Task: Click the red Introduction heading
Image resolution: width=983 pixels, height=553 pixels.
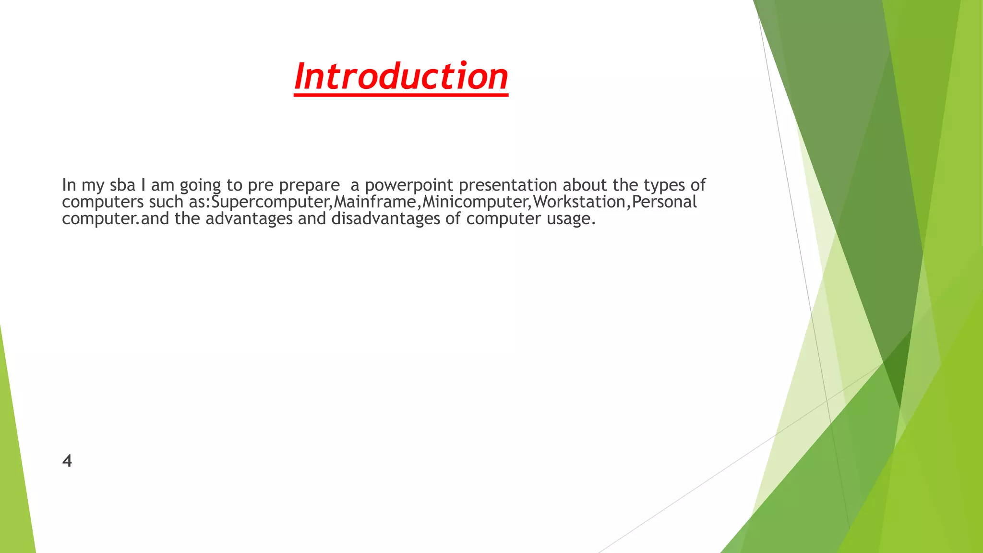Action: [401, 77]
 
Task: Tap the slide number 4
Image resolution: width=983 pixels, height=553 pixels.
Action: [67, 461]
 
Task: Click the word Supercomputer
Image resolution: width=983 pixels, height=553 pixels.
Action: [271, 202]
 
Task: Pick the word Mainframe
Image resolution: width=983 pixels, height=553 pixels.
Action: [374, 202]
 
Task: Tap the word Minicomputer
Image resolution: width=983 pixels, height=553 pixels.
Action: [475, 202]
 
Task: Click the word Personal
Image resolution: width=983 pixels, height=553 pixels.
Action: [664, 202]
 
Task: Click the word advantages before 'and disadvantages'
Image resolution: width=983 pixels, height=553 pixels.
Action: [249, 219]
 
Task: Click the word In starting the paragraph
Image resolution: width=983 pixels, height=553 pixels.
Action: [69, 185]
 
